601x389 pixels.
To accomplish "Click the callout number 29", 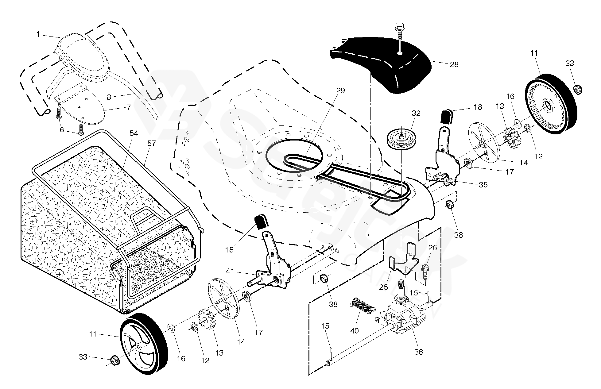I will pyautogui.click(x=340, y=91).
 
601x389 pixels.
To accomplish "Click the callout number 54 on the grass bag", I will pyautogui.click(x=134, y=133).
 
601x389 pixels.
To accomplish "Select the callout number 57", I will pyautogui.click(x=152, y=143).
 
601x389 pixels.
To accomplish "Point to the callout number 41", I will pyautogui.click(x=230, y=271).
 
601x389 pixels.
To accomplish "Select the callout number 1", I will pyautogui.click(x=38, y=34).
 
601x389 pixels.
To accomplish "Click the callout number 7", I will pyautogui.click(x=129, y=107).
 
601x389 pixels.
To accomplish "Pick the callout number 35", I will pyautogui.click(x=483, y=185).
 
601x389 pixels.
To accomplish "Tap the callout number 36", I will pyautogui.click(x=418, y=352).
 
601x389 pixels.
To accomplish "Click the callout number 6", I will pyautogui.click(x=62, y=130).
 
